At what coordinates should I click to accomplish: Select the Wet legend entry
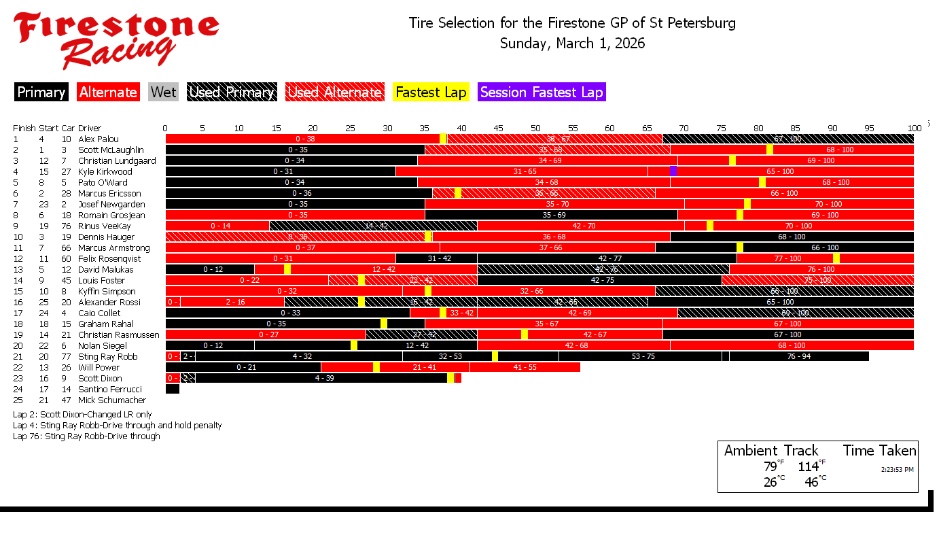point(163,92)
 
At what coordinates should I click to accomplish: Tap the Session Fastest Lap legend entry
point(542,92)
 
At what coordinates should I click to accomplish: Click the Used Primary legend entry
point(232,92)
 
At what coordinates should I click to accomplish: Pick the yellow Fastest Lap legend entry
point(431,92)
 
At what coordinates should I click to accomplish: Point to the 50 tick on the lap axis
point(535,128)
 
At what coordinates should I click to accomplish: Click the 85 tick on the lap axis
point(795,128)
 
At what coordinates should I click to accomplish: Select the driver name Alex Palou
point(99,139)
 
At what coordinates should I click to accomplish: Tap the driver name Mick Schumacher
point(112,400)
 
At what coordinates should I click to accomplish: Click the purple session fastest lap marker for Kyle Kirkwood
point(673,171)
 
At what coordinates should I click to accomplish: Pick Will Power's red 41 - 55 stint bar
point(525,367)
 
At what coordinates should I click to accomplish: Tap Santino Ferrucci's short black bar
point(173,390)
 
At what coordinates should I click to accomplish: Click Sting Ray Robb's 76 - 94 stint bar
point(799,356)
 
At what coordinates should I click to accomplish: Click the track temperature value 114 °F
point(809,466)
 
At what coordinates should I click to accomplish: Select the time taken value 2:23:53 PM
point(897,469)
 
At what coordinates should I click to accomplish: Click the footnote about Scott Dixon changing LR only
point(82,415)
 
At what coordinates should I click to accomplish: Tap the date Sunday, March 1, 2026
point(572,44)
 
